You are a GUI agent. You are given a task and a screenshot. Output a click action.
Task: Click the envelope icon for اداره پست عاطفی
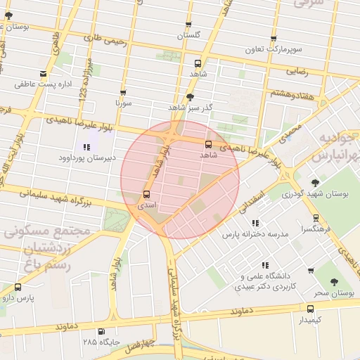[x=44, y=74]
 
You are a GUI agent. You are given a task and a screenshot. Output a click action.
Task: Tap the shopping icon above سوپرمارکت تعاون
[x=274, y=39]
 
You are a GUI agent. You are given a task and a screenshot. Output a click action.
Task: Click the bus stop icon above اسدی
[x=147, y=194]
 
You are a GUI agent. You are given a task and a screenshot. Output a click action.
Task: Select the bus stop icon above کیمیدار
[x=310, y=307]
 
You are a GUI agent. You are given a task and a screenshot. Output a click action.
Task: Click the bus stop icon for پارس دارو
[x=18, y=287]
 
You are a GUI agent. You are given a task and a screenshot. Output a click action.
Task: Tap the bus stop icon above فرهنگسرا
[x=316, y=218]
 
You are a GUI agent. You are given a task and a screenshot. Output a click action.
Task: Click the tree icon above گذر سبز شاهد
[x=190, y=96]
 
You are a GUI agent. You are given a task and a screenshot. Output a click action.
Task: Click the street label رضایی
[x=297, y=72]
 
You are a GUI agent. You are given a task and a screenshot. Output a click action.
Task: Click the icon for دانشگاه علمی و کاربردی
[x=265, y=265]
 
